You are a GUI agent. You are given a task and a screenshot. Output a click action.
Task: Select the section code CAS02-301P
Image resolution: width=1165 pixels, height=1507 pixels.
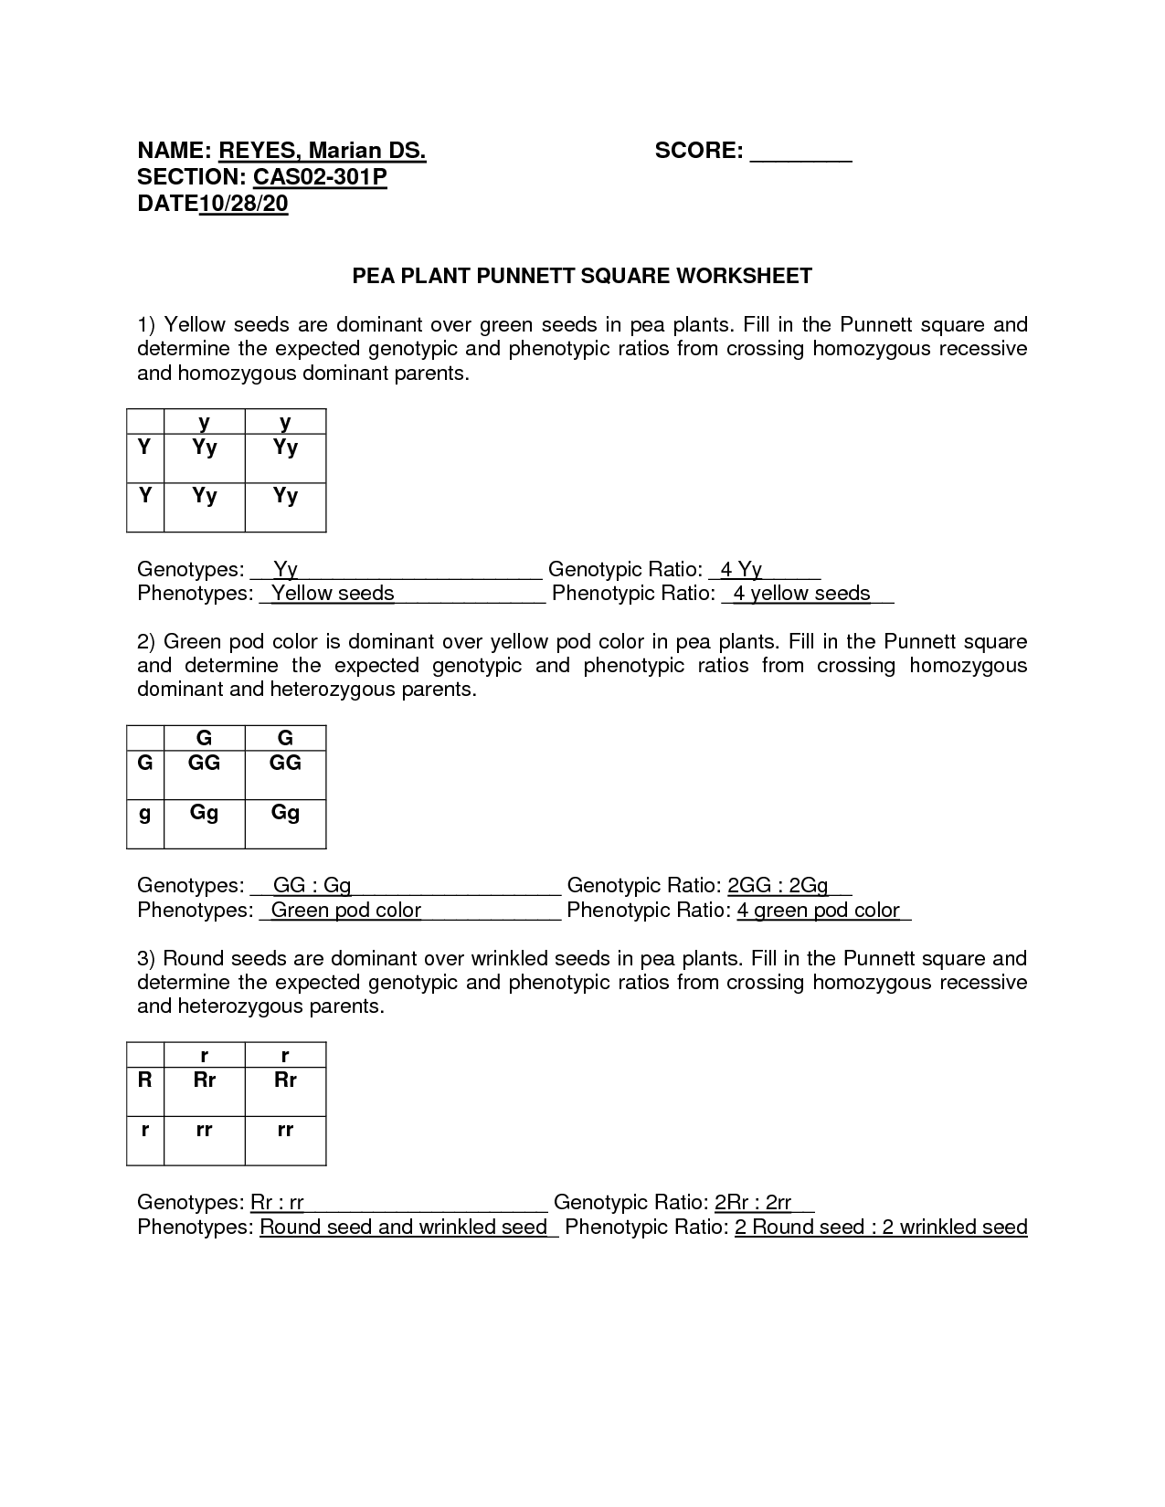320,177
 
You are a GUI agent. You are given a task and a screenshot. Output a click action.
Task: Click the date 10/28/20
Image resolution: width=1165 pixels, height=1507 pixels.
243,204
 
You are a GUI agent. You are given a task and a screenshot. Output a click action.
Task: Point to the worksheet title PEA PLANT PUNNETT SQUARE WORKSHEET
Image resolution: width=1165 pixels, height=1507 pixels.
582,276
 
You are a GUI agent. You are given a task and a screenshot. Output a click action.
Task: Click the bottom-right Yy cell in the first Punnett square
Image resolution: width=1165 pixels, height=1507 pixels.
285,496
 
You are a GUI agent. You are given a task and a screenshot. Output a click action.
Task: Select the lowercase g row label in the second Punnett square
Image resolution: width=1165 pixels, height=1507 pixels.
144,812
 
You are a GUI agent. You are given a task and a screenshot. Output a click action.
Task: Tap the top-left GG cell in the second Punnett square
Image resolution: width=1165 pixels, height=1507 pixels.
204,764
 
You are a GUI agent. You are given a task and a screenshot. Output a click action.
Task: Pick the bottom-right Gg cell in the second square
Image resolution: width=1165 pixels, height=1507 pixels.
285,812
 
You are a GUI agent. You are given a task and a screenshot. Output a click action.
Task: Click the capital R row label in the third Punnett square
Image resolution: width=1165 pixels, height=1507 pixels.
144,1080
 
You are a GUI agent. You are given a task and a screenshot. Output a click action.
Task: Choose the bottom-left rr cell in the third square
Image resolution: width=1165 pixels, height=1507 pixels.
204,1129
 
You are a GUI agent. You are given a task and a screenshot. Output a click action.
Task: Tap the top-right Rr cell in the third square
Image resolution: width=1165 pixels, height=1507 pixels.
285,1080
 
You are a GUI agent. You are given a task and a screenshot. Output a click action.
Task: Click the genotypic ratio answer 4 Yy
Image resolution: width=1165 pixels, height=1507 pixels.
741,570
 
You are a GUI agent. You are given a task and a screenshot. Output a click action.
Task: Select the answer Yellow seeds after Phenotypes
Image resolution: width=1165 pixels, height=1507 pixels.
333,594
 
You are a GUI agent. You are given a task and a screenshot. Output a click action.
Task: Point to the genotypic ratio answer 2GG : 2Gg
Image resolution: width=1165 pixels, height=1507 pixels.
778,886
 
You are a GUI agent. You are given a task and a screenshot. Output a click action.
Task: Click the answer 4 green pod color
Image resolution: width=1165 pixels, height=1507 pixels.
819,911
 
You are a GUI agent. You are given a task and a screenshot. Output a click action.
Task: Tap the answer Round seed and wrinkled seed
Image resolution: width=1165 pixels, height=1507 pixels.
403,1227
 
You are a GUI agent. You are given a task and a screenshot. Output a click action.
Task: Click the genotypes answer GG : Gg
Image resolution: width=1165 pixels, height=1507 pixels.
312,886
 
